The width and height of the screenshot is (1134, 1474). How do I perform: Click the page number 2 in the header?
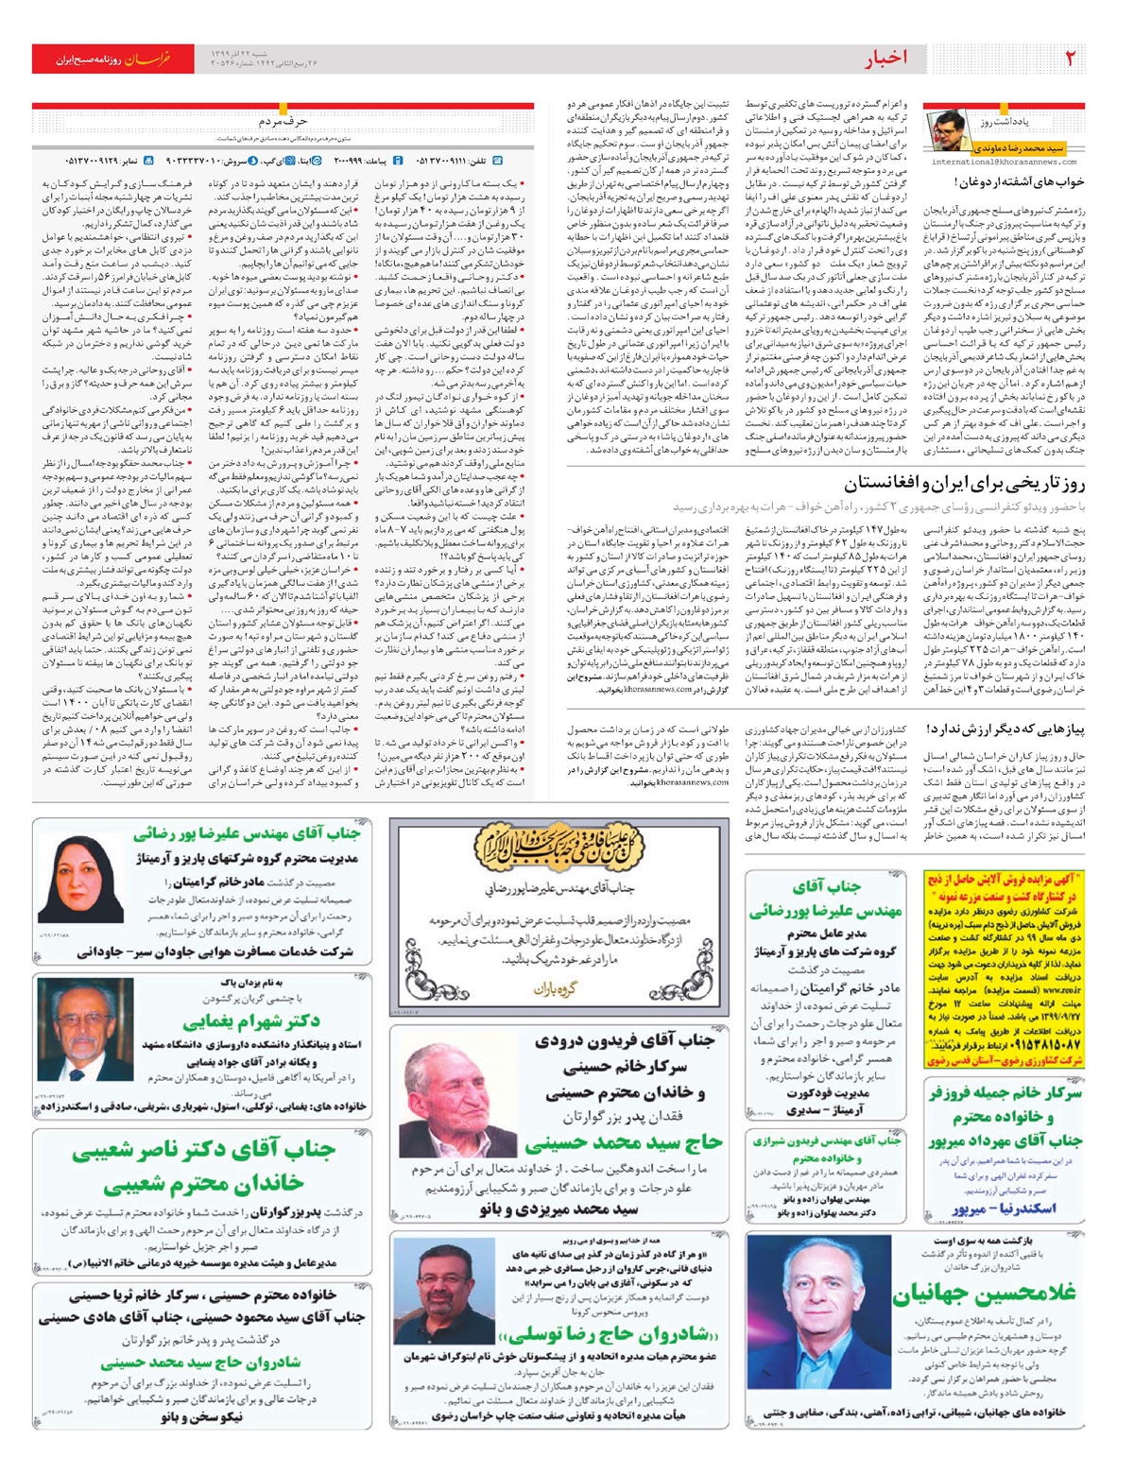[x=1070, y=59]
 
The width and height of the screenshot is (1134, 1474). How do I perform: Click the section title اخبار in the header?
[x=885, y=59]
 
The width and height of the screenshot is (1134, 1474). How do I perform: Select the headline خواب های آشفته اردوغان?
[x=1018, y=181]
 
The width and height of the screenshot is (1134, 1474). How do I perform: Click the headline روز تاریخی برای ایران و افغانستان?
[x=964, y=484]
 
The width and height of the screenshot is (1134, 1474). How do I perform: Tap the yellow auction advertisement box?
[x=1004, y=968]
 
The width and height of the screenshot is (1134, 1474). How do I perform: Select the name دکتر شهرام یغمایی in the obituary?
[x=250, y=1021]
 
